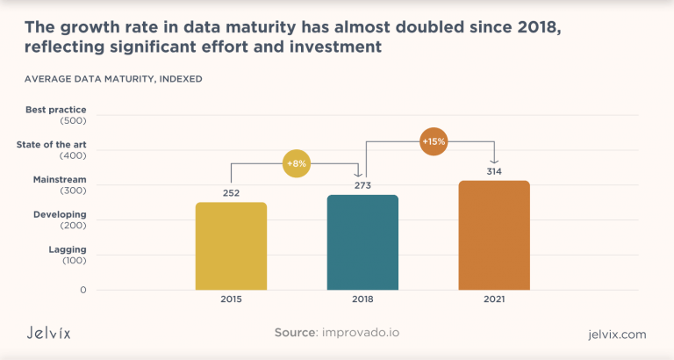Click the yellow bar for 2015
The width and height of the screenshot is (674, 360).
(x=231, y=246)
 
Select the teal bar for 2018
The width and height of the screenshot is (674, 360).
(x=362, y=242)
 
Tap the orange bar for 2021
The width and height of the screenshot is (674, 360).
(x=494, y=235)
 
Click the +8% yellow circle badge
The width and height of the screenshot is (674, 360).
(x=297, y=163)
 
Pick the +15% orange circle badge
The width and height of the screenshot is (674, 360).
(x=434, y=140)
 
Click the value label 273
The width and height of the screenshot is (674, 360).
(x=362, y=185)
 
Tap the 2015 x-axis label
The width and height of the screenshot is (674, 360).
(x=231, y=299)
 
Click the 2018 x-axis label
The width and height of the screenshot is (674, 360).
(x=362, y=299)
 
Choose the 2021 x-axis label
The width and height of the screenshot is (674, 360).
(x=494, y=299)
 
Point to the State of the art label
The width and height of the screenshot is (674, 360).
(x=52, y=144)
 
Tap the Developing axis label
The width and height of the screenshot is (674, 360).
(x=60, y=214)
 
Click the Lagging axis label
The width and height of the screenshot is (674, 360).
(x=68, y=249)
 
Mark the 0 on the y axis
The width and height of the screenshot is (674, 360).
(x=83, y=289)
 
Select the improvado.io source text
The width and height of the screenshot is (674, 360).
(x=362, y=334)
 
